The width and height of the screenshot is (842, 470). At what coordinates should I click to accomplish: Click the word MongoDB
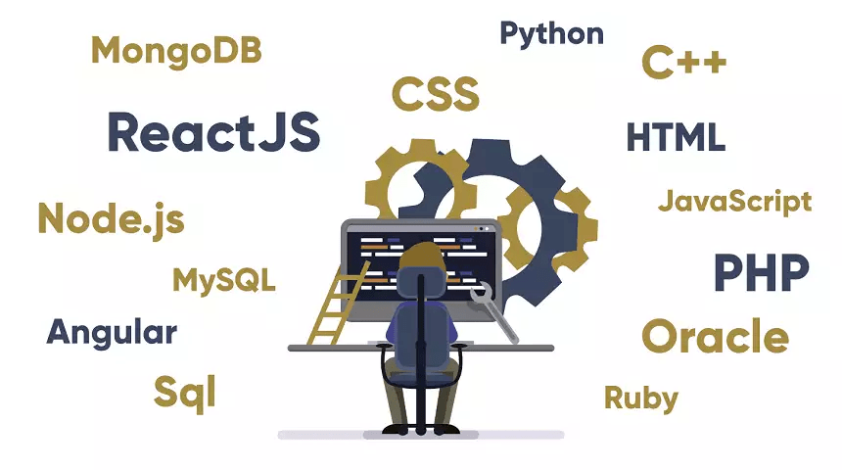(x=176, y=52)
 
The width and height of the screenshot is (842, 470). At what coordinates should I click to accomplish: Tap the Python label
(x=551, y=35)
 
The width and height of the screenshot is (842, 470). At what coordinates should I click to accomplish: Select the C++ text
(x=684, y=63)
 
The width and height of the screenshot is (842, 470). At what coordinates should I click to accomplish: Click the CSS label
(x=436, y=94)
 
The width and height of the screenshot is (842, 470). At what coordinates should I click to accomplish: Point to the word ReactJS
(x=213, y=132)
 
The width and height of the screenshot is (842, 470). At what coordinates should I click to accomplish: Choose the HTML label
(x=677, y=137)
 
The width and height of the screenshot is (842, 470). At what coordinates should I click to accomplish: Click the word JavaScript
(x=734, y=203)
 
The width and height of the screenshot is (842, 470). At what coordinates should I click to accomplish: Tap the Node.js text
(x=112, y=219)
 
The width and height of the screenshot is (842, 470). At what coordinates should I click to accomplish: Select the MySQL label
(x=224, y=280)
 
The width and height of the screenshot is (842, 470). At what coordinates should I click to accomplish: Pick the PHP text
(x=762, y=273)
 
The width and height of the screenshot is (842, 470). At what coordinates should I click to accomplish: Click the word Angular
(x=112, y=334)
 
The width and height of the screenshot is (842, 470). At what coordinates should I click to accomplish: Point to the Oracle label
(x=716, y=336)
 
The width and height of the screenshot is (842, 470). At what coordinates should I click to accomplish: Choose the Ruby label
(x=641, y=399)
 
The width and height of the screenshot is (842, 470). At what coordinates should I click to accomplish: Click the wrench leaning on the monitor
(x=492, y=311)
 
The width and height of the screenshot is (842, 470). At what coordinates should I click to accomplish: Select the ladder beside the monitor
(x=339, y=304)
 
